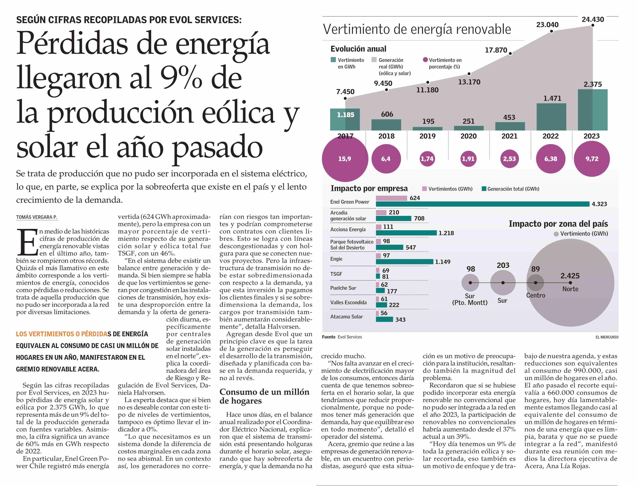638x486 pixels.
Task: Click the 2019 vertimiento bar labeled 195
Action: [x=428, y=128]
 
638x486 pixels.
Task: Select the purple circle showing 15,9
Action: [x=345, y=159]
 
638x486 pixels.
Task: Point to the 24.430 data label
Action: [x=593, y=19]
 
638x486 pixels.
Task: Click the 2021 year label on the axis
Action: [x=509, y=136]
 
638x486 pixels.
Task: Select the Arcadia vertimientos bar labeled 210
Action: [x=381, y=213]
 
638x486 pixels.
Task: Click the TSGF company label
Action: [x=336, y=274]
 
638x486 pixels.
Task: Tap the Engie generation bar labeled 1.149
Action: [x=405, y=262]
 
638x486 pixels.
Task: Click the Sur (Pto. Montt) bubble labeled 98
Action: [x=470, y=283]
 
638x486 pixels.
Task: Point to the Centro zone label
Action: [x=535, y=295]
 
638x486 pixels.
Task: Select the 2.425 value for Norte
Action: [x=570, y=276]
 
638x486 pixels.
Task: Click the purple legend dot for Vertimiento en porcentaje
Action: [x=425, y=60]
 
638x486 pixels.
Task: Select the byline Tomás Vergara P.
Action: [x=37, y=217]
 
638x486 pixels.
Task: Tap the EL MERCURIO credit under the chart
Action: [x=607, y=337]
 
